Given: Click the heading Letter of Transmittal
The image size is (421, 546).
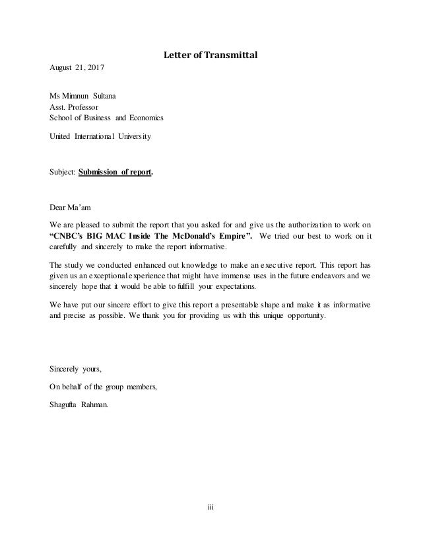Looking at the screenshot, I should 210,55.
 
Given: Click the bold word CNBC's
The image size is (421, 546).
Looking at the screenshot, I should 71,237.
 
